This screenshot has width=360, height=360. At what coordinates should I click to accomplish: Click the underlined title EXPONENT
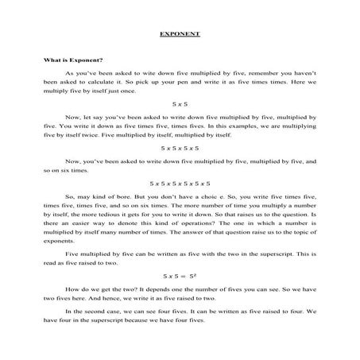click(x=180, y=35)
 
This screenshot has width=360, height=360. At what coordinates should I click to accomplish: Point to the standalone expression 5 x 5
click(x=180, y=103)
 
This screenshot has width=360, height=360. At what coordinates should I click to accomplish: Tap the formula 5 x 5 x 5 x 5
click(x=180, y=148)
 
